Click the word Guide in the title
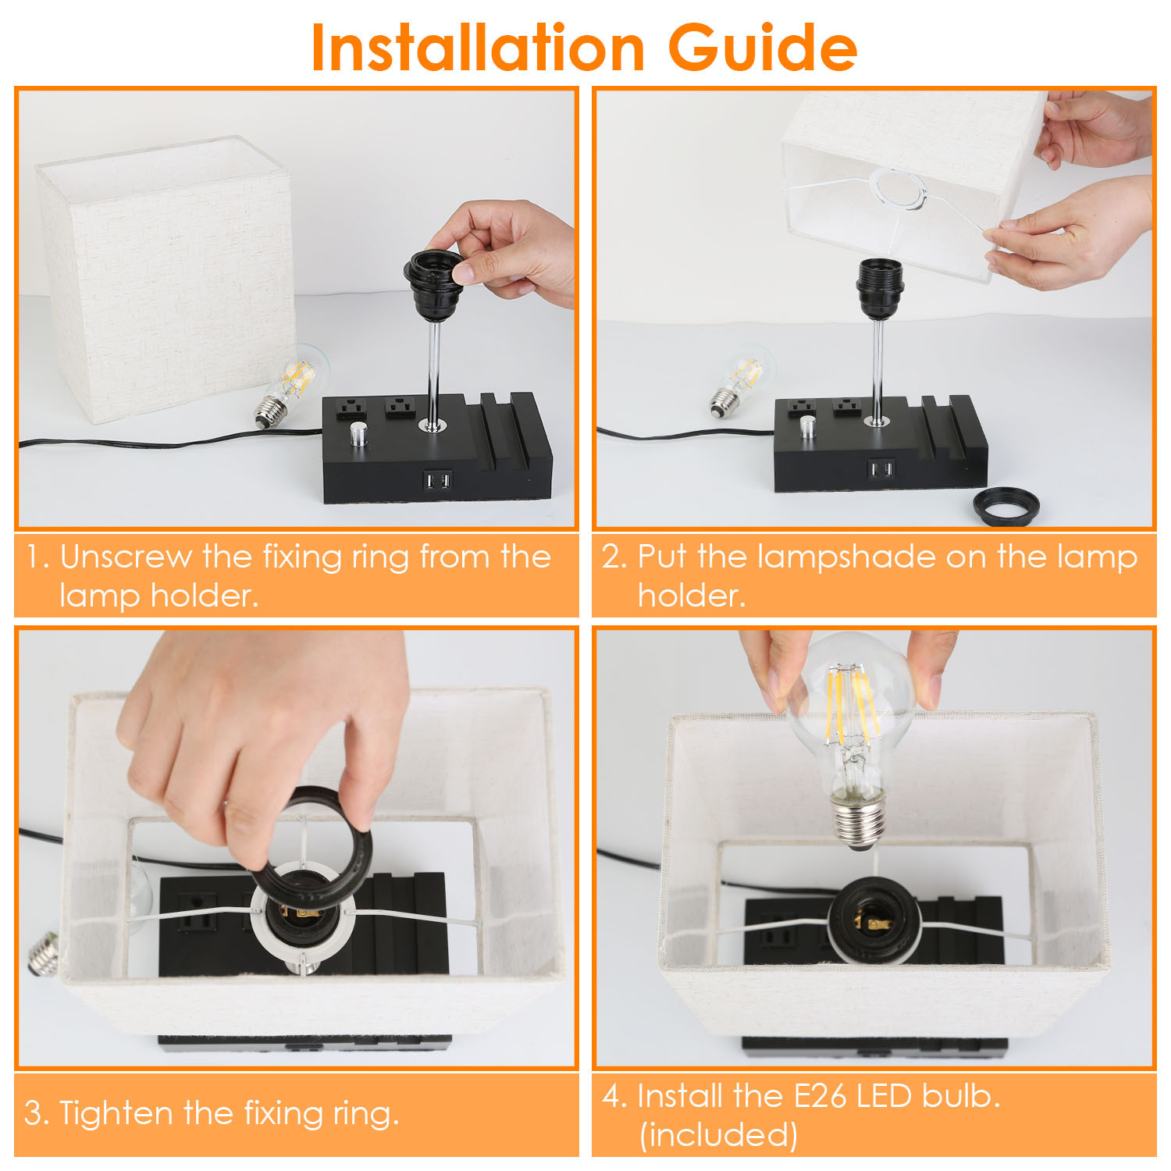click(763, 48)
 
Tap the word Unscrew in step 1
click(126, 557)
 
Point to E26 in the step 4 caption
click(820, 1095)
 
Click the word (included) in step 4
click(718, 1134)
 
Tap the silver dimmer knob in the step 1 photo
click(358, 433)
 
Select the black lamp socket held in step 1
click(433, 286)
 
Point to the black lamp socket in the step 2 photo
click(880, 289)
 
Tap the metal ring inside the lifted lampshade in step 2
click(899, 190)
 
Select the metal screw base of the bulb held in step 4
click(860, 824)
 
